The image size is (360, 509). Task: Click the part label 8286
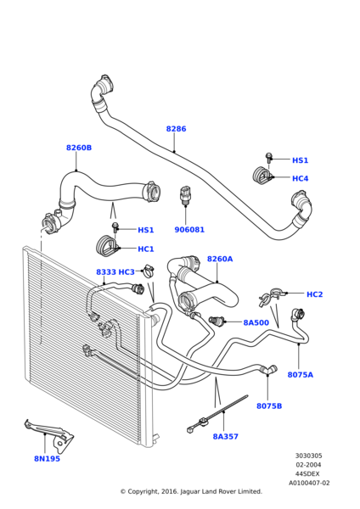[176, 129]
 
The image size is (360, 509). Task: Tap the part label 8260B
[79, 148]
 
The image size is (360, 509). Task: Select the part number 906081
[189, 230]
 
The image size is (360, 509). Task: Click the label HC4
[301, 178]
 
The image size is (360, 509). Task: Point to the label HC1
[146, 249]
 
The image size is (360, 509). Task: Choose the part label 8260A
[220, 259]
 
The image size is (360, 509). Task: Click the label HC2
[315, 294]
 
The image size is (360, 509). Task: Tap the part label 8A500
[256, 322]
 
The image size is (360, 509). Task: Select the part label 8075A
[301, 375]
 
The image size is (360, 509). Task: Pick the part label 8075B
[269, 406]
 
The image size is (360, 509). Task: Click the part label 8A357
[226, 437]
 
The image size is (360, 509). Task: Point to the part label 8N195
[47, 459]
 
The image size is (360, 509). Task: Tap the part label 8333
[106, 272]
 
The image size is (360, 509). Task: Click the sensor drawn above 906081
[184, 195]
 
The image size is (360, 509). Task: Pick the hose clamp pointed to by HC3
[148, 271]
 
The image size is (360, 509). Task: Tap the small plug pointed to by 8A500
[215, 321]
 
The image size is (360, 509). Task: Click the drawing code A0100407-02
[309, 483]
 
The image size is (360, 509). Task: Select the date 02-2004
[308, 465]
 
